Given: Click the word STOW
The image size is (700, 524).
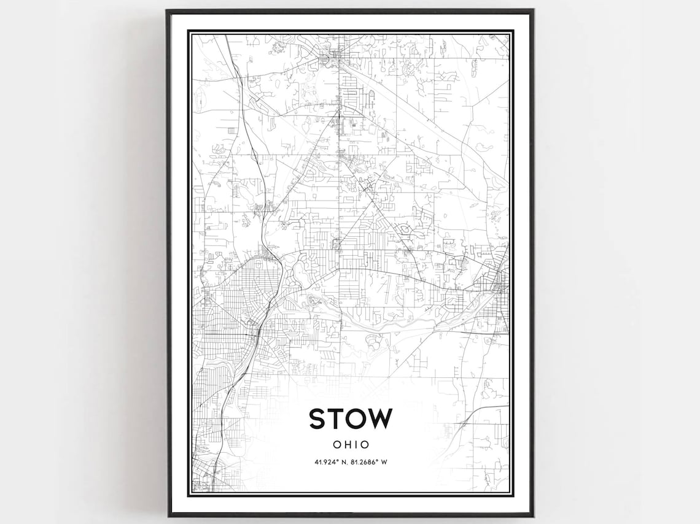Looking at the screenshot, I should pos(350,418).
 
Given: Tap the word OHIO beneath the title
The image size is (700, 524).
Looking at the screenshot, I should pos(350,444).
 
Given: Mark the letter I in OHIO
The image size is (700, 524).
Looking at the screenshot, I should pos(355,444).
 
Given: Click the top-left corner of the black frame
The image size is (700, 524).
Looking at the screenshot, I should pos(168,10).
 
